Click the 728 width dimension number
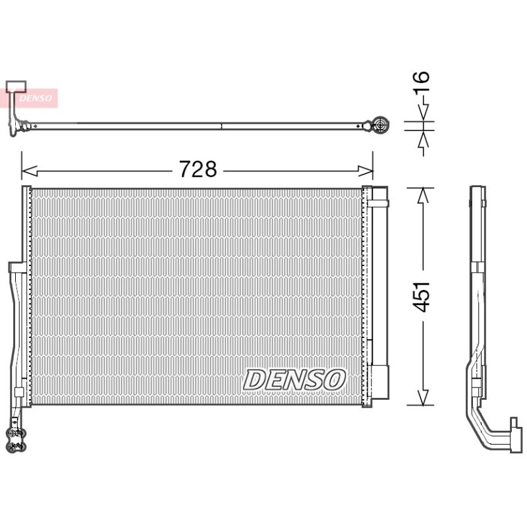coord(198,169)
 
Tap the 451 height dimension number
coord(421,296)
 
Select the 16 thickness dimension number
coord(421,82)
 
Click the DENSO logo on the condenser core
coord(294,380)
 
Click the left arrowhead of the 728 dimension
coord(29,171)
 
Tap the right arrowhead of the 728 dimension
coord(366,171)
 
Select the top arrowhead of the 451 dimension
coord(423,196)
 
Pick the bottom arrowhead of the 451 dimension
coord(423,398)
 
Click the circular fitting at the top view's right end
coord(381,125)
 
